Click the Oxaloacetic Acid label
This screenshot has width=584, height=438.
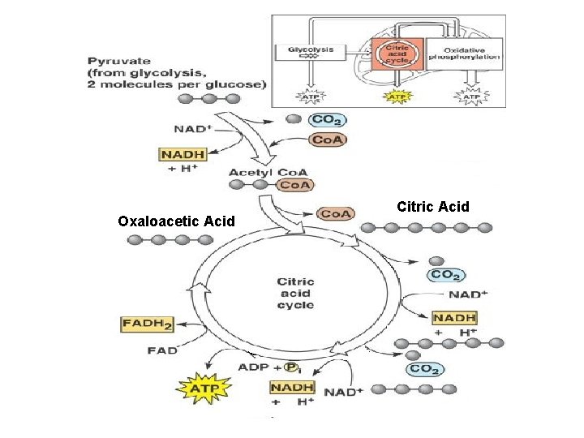click(x=176, y=221)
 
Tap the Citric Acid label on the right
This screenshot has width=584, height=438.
click(x=433, y=207)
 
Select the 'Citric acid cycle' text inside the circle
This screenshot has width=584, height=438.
click(x=295, y=293)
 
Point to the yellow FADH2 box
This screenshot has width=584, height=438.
click(x=147, y=324)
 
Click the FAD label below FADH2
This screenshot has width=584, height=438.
click(x=162, y=350)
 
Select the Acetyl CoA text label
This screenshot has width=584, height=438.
click(x=256, y=172)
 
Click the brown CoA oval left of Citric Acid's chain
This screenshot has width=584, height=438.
click(x=335, y=213)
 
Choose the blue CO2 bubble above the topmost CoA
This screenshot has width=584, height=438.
click(x=328, y=120)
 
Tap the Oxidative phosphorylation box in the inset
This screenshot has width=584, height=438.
click(x=463, y=54)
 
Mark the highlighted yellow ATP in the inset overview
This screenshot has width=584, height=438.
click(x=395, y=97)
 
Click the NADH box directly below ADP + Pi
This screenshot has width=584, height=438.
click(x=293, y=388)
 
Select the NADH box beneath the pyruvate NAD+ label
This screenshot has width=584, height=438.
click(x=182, y=154)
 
